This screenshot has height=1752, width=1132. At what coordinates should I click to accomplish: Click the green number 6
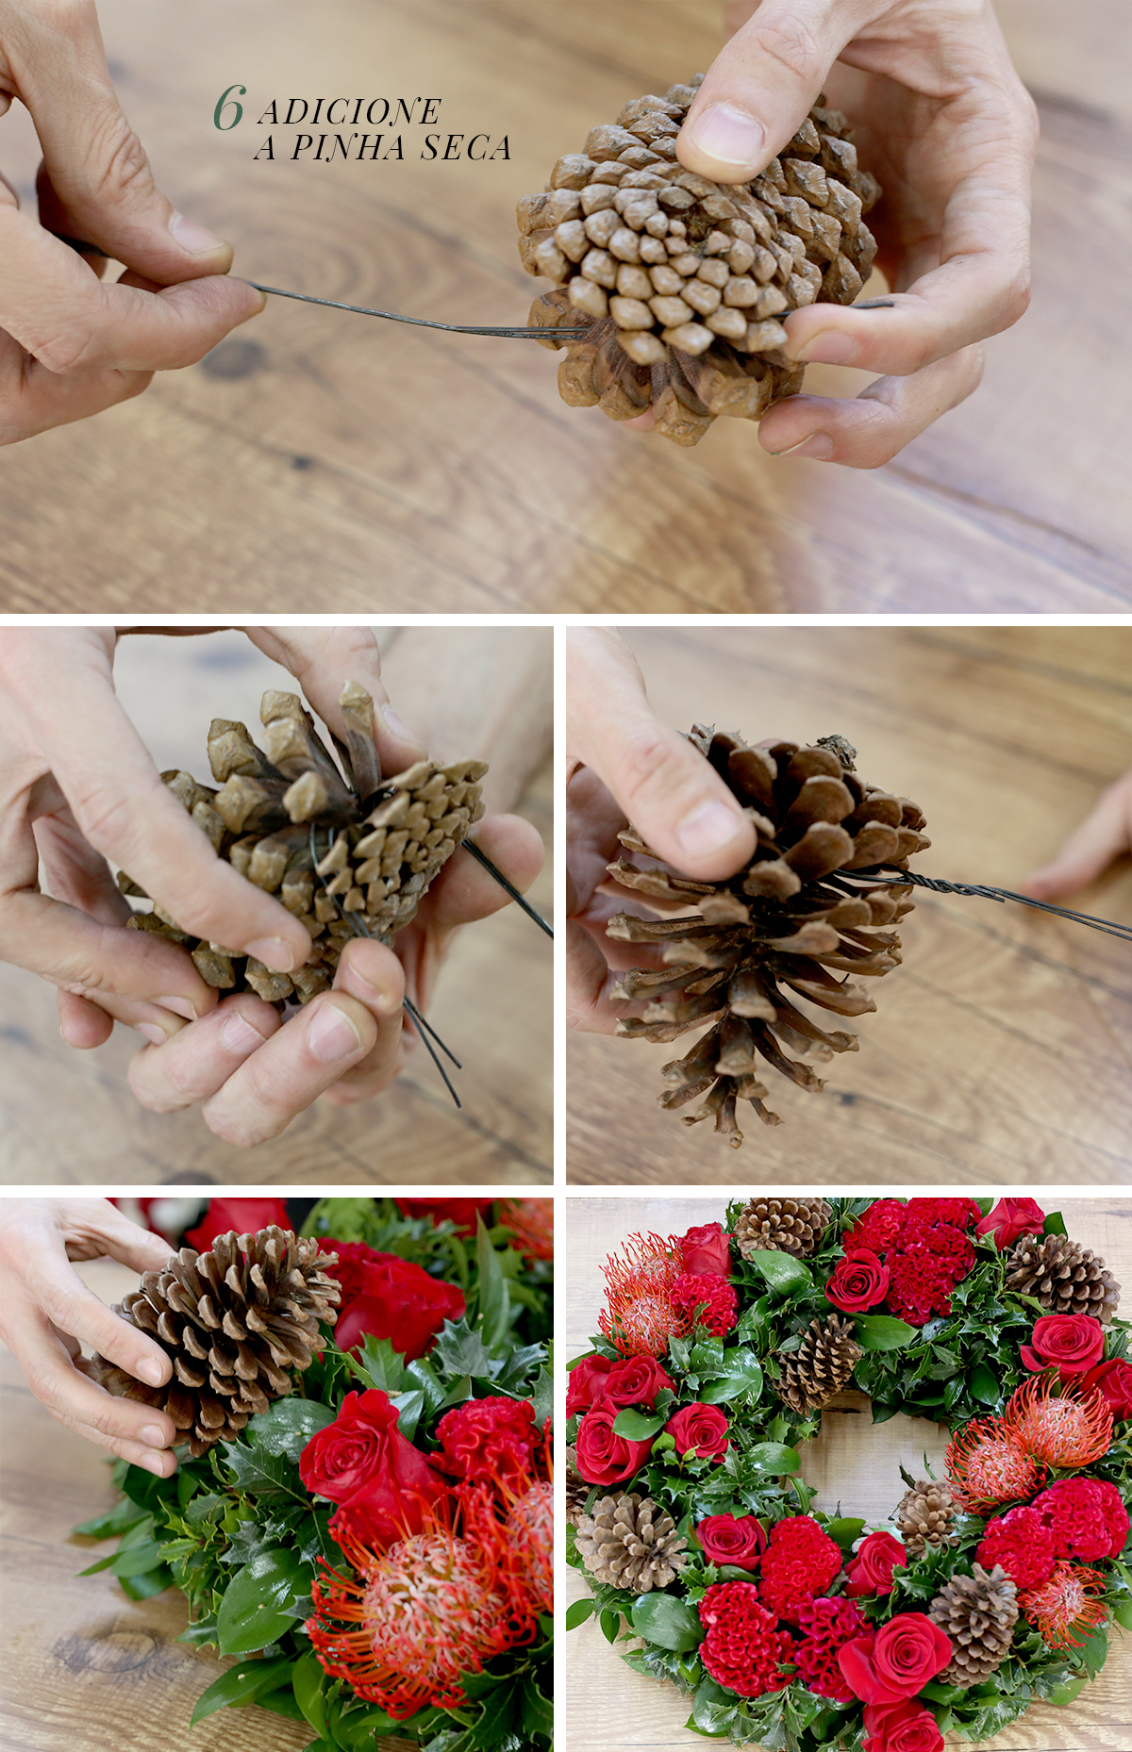(x=229, y=108)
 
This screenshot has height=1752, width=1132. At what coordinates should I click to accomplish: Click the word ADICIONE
(x=348, y=112)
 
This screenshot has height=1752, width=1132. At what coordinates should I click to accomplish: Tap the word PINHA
(x=349, y=148)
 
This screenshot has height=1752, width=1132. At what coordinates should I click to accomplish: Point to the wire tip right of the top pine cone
(x=890, y=304)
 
